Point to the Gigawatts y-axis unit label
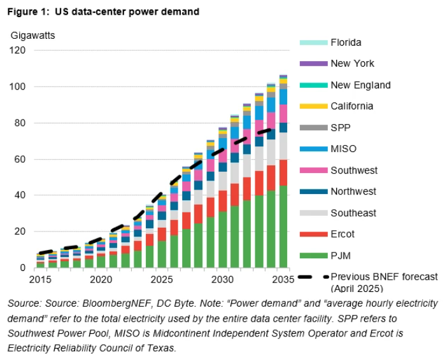(32, 35)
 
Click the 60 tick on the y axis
(22, 159)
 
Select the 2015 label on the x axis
(40, 279)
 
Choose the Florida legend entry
(345, 43)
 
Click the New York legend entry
(351, 64)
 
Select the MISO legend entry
(344, 149)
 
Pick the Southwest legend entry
(353, 170)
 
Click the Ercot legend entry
(343, 234)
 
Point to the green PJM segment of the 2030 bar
(223, 239)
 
